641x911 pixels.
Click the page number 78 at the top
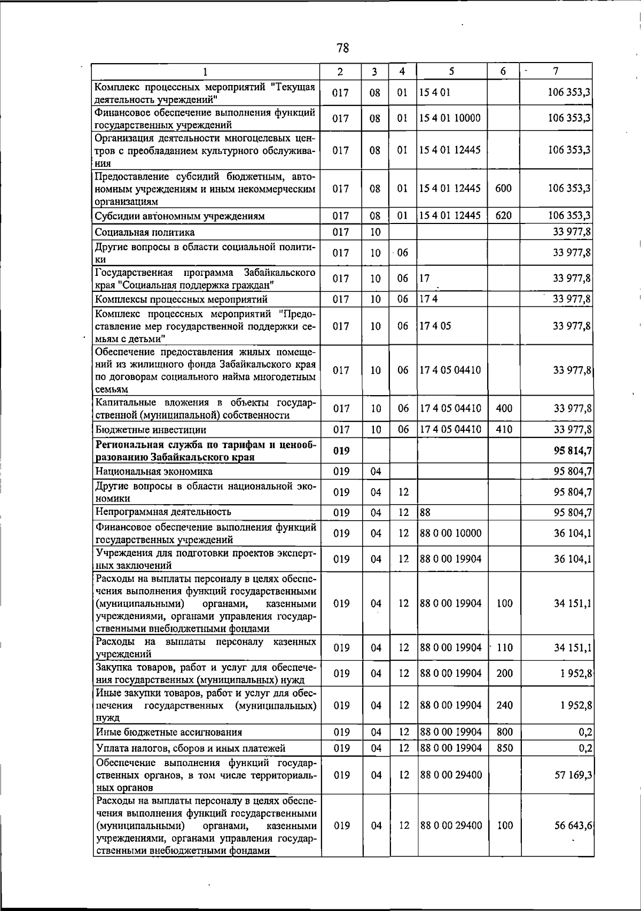(x=343, y=48)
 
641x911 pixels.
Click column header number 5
(x=451, y=71)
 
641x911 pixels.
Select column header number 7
(x=556, y=71)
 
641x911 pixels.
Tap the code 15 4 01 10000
(x=450, y=118)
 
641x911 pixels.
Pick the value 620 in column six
(x=504, y=215)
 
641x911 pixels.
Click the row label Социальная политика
(x=145, y=232)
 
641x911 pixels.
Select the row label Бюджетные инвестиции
(x=151, y=429)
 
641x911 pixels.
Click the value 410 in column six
(x=504, y=429)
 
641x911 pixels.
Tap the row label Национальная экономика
(x=154, y=471)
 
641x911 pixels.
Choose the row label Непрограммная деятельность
(x=163, y=512)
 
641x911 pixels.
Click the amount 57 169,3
(x=573, y=774)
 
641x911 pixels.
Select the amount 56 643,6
(x=573, y=825)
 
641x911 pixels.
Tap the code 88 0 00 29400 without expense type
(x=451, y=774)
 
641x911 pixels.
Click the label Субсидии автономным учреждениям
(x=180, y=216)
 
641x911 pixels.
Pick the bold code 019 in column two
(x=341, y=451)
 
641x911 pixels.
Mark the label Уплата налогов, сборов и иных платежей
(x=190, y=748)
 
